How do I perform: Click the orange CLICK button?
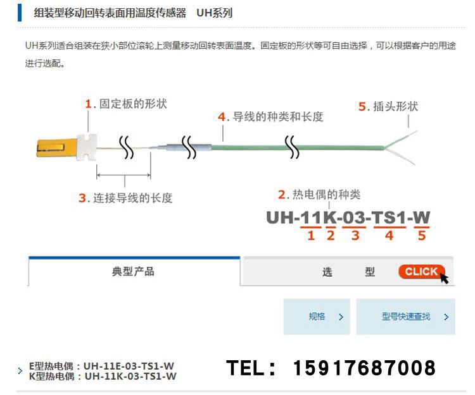click(x=421, y=272)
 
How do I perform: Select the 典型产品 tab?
click(x=133, y=272)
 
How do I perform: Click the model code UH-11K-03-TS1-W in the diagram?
click(x=348, y=218)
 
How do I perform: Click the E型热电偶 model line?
click(x=102, y=366)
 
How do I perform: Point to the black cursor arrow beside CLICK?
click(x=444, y=276)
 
